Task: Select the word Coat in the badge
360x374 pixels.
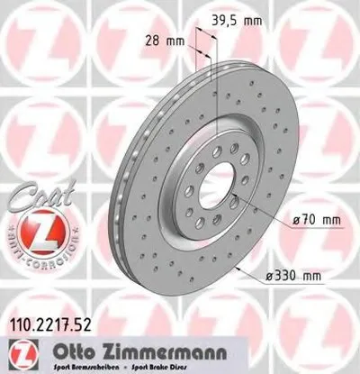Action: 36,194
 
